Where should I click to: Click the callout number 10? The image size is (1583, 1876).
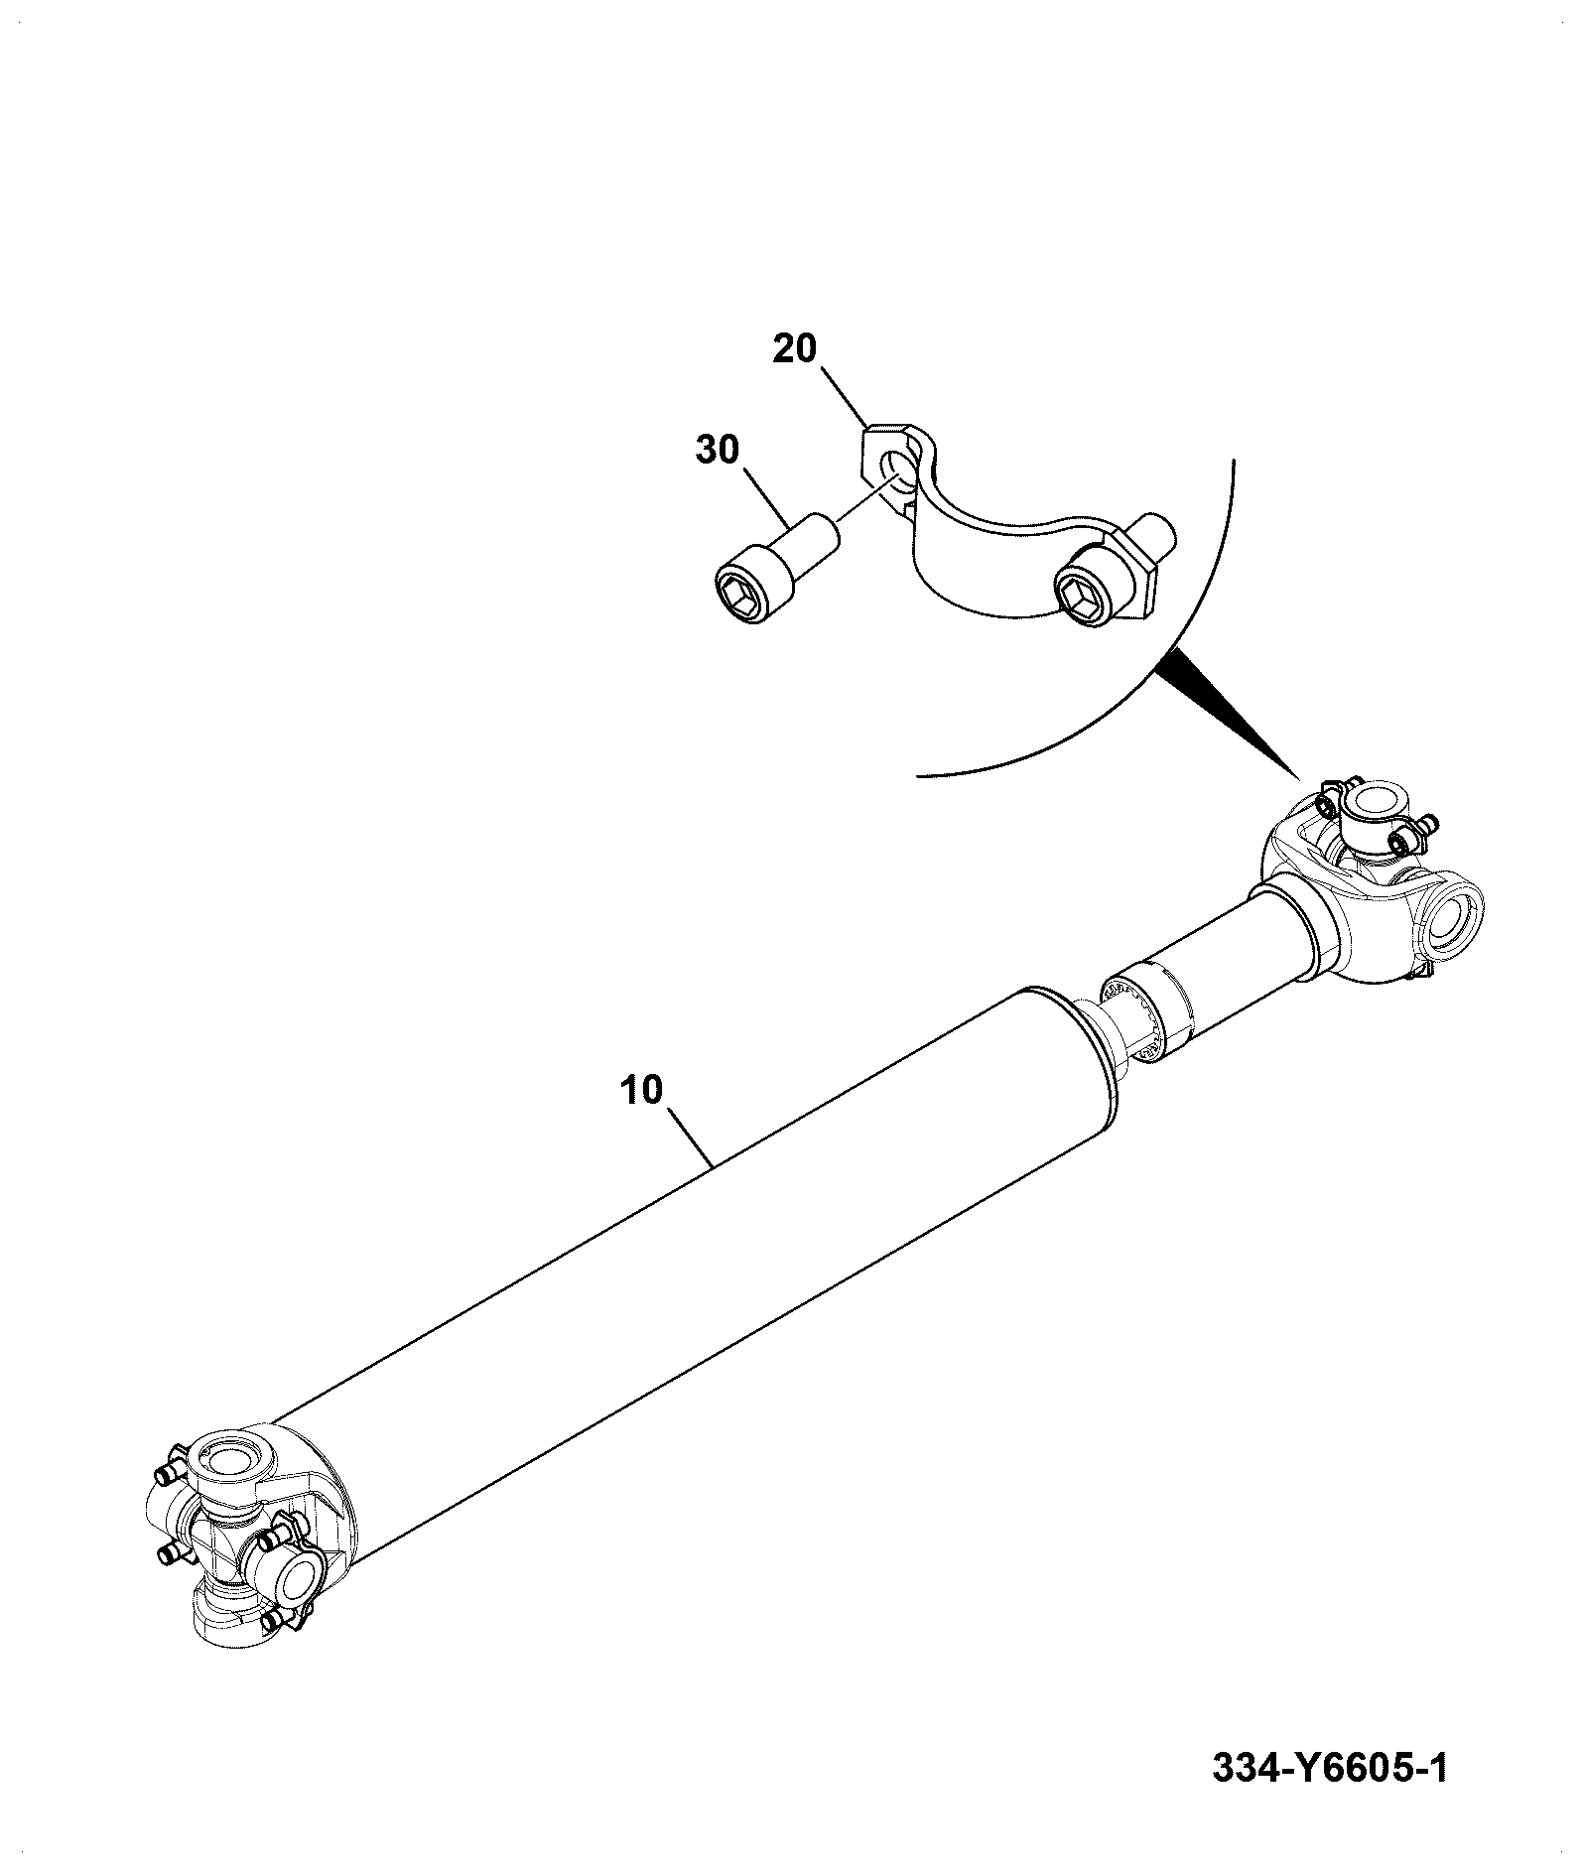point(641,1090)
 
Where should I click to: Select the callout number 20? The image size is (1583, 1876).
point(795,349)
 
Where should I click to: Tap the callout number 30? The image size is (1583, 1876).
point(718,450)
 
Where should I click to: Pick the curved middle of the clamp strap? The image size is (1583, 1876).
point(1002,541)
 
